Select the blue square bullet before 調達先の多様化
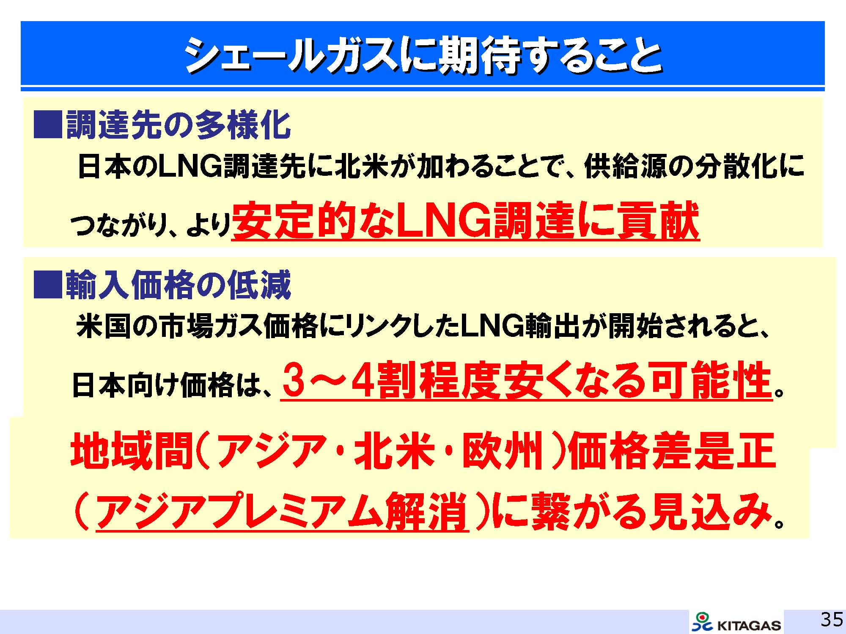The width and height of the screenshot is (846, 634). pos(48,125)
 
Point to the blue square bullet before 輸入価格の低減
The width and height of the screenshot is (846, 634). pos(48,285)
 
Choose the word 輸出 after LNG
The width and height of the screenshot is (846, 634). pos(552,327)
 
